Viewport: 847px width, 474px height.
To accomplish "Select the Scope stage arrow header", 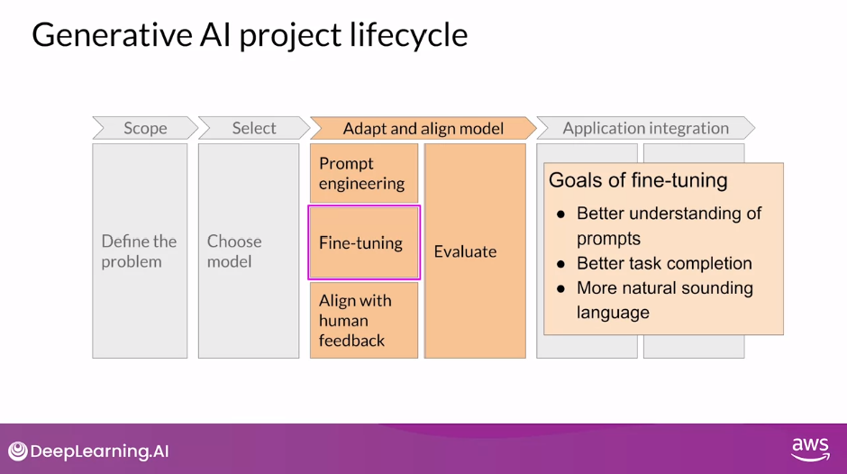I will pyautogui.click(x=145, y=128).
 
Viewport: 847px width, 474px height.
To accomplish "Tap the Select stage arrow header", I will pyautogui.click(x=253, y=128).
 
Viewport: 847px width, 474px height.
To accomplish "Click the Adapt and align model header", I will pyautogui.click(x=423, y=128).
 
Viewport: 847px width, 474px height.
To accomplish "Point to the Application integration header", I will pyautogui.click(x=645, y=128).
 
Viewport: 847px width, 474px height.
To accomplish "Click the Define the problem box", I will pyautogui.click(x=140, y=251).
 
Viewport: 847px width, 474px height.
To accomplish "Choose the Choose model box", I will pyautogui.click(x=249, y=251).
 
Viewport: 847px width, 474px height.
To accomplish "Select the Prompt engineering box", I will pyautogui.click(x=363, y=173).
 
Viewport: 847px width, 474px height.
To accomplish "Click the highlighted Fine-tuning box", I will pyautogui.click(x=363, y=242).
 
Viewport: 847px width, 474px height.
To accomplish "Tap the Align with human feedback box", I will pyautogui.click(x=363, y=320).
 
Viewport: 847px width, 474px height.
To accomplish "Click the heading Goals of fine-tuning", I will pyautogui.click(x=638, y=180).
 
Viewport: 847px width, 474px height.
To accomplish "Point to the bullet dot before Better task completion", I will pyautogui.click(x=560, y=264).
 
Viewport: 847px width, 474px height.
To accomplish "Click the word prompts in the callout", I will pyautogui.click(x=608, y=239).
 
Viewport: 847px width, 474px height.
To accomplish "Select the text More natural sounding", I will pyautogui.click(x=664, y=288).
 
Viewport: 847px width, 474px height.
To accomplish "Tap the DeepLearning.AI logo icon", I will pyautogui.click(x=18, y=451).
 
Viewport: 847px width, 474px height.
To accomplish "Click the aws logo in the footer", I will pyautogui.click(x=809, y=449).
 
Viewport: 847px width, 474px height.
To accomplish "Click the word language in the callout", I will pyautogui.click(x=613, y=313).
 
